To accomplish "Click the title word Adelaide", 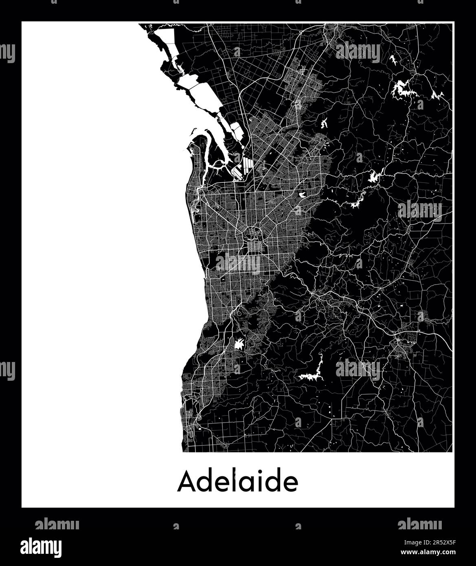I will click(237, 482).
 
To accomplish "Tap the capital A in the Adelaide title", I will click(185, 482).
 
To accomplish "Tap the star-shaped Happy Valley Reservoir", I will click(240, 344).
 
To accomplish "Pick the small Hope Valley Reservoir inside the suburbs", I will click(303, 195).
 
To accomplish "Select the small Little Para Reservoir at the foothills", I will click(324, 123).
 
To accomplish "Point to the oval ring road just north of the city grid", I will click(255, 234).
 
